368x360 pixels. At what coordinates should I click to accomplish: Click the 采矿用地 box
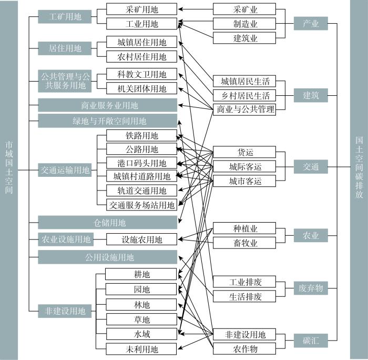tap(141, 9)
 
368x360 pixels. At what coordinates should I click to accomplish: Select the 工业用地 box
tap(141, 24)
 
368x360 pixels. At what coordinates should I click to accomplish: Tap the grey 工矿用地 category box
tap(65, 17)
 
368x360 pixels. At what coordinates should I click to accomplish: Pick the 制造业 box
tap(244, 24)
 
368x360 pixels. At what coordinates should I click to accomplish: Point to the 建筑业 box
tap(244, 38)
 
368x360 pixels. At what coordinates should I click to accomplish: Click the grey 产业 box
tap(311, 24)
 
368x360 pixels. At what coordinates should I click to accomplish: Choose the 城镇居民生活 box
tap(244, 81)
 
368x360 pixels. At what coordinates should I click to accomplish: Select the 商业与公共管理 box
tap(244, 109)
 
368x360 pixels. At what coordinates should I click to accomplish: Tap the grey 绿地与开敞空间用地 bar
tap(107, 121)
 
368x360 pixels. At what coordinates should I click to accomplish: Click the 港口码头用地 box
tap(141, 163)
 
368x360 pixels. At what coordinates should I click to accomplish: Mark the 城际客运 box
tap(244, 167)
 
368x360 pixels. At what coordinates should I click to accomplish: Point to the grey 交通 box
tap(311, 167)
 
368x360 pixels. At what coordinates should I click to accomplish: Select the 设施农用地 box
tap(141, 239)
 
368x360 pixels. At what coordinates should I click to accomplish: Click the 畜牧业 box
tap(244, 243)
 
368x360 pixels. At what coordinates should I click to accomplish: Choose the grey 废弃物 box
tap(311, 288)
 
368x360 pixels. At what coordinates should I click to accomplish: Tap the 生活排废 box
tap(244, 296)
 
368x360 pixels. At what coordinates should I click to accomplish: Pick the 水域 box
tap(141, 334)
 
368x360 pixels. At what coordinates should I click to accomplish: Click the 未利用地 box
tap(141, 349)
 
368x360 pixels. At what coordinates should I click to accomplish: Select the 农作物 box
tap(244, 349)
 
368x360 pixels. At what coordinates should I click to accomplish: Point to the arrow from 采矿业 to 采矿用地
tap(196, 9)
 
